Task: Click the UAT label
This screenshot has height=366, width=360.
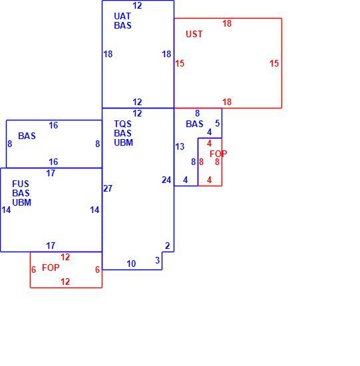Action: [122, 17]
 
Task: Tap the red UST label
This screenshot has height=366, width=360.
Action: [194, 35]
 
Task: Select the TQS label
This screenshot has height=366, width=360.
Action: [122, 124]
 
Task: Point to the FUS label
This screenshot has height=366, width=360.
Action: [21, 184]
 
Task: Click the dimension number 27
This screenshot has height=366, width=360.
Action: [108, 188]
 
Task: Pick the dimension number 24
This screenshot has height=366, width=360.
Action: [166, 180]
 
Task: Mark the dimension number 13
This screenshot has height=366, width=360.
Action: [180, 147]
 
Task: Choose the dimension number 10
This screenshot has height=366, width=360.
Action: [131, 264]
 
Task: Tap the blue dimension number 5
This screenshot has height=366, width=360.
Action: [218, 124]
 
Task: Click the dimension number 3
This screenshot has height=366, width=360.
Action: [157, 260]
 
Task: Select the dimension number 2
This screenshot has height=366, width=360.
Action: [167, 246]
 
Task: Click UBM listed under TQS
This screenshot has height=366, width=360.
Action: [124, 142]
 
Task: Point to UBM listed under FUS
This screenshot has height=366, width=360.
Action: [22, 202]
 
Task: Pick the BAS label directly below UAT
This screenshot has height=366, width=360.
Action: [122, 25]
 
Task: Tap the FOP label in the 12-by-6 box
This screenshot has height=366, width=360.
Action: [51, 268]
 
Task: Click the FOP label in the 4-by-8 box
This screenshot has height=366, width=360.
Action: [218, 154]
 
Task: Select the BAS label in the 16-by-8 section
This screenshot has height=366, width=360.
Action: [27, 136]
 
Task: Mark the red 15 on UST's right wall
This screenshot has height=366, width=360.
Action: [274, 63]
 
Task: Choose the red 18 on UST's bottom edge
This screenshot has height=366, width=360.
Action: [227, 102]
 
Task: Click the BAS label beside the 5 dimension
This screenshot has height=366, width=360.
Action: [194, 124]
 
